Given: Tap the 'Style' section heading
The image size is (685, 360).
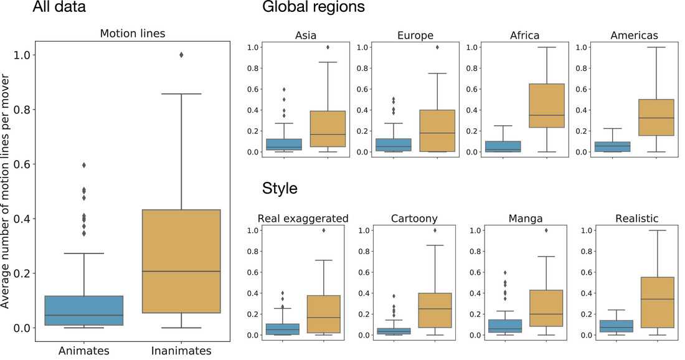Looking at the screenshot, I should pyautogui.click(x=279, y=188).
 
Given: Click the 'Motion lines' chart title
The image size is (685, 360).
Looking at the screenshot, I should pyautogui.click(x=133, y=34).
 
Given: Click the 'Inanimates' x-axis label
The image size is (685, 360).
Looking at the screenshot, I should pyautogui.click(x=181, y=351).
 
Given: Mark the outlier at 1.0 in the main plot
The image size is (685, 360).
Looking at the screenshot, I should pyautogui.click(x=181, y=55).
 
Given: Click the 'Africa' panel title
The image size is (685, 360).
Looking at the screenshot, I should pyautogui.click(x=524, y=36).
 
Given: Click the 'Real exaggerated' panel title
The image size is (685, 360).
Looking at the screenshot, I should pyautogui.click(x=303, y=219).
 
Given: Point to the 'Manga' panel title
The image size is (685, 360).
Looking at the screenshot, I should pyautogui.click(x=524, y=219).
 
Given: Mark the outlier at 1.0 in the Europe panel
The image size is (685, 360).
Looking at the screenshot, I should pyautogui.click(x=437, y=47).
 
